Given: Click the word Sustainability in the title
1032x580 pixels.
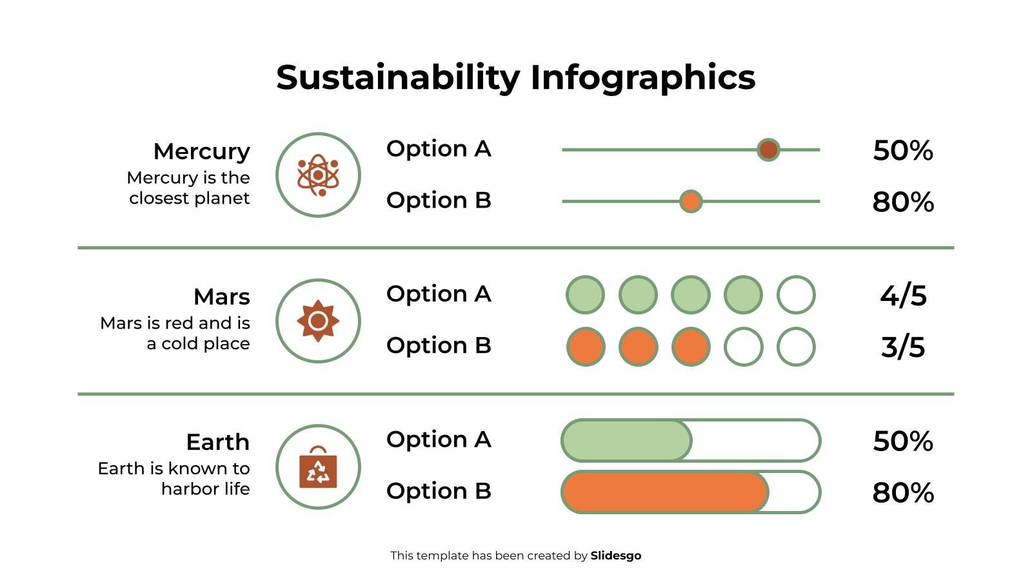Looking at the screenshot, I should pyautogui.click(x=397, y=77).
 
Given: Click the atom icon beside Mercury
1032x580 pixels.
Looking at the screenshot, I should pyautogui.click(x=318, y=175).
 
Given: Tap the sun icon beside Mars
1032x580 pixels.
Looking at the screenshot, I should pyautogui.click(x=318, y=321).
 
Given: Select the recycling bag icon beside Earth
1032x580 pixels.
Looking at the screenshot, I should pyautogui.click(x=318, y=467).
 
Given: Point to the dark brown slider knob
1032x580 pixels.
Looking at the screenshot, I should pyautogui.click(x=768, y=150).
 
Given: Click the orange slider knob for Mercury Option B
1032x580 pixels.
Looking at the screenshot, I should pyautogui.click(x=691, y=202).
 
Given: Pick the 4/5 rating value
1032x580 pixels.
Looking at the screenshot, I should pyautogui.click(x=903, y=296).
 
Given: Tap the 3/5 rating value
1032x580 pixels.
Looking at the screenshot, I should pyautogui.click(x=903, y=347).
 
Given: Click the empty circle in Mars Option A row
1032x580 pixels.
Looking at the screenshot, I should pyautogui.click(x=796, y=295).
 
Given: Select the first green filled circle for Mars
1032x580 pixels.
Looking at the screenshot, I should pyautogui.click(x=585, y=295).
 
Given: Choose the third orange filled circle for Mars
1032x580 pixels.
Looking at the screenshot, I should pyautogui.click(x=691, y=347).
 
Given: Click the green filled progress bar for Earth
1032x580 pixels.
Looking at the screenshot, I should pyautogui.click(x=626, y=441).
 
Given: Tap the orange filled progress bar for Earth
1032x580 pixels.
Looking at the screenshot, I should pyautogui.click(x=664, y=492).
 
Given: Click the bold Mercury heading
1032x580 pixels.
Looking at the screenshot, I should pyautogui.click(x=201, y=151).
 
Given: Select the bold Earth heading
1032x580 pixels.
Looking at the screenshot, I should pyautogui.click(x=217, y=442).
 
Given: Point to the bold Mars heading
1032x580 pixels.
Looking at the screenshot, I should pyautogui.click(x=221, y=297).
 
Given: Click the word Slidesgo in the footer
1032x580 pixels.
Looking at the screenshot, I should pyautogui.click(x=616, y=556).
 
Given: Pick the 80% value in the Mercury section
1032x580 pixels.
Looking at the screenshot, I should pyautogui.click(x=903, y=202).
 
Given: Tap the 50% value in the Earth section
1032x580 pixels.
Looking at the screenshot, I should pyautogui.click(x=903, y=441).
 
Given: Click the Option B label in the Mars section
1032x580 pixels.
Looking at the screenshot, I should pyautogui.click(x=439, y=345).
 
